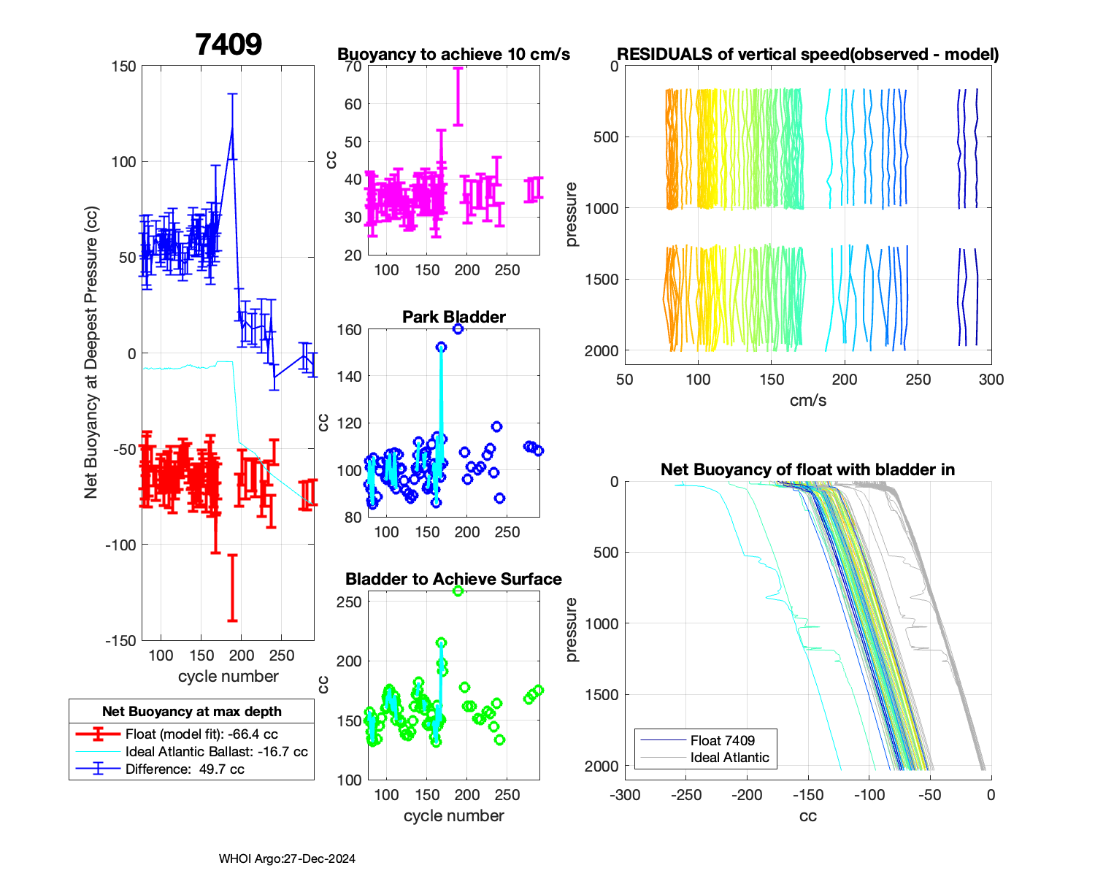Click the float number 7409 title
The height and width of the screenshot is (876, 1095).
pos(228,45)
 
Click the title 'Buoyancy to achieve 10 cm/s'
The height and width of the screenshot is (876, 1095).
pos(453,55)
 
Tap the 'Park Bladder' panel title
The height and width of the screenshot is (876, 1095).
pos(453,317)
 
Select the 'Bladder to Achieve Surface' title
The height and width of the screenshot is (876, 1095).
pos(453,579)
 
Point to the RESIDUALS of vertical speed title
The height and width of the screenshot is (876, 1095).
pos(807,55)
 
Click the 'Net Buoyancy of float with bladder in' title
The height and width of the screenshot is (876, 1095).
pos(807,469)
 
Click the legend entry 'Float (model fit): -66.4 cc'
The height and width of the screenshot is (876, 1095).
pos(201,734)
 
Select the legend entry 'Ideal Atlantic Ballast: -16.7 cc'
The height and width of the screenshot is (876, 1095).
pos(216,752)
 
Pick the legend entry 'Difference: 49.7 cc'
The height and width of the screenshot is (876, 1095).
pos(185,769)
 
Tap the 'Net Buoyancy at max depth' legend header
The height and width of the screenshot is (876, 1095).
pos(191,711)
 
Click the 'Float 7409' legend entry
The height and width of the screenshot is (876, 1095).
pos(722,740)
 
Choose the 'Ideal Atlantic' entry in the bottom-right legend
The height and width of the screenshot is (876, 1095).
pos(729,758)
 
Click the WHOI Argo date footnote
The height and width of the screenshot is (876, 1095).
pos(287,858)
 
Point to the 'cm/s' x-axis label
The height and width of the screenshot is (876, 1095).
pos(807,400)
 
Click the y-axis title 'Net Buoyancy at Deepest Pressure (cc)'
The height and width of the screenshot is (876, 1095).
pos(91,353)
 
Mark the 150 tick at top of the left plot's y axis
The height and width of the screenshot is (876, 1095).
pos(123,66)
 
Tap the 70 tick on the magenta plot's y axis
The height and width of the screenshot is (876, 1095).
pos(353,66)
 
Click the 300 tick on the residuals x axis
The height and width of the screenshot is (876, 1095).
pos(991,380)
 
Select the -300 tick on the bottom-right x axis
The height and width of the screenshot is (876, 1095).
pos(625,795)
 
